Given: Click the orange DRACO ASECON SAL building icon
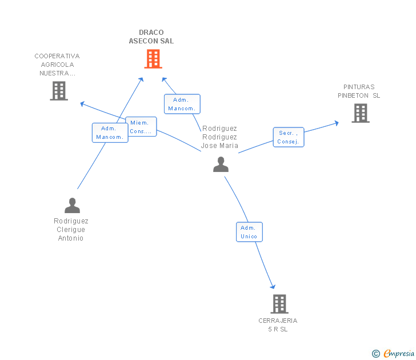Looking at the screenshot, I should coord(153,59).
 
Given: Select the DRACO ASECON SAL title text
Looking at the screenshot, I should coord(151,37).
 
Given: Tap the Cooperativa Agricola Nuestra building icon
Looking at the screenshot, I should coord(59,91).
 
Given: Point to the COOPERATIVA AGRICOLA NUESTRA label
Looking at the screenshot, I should coord(57,65).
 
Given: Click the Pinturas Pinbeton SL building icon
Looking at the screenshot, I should coord(360,113).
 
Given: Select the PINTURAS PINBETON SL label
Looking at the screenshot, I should coord(359,91).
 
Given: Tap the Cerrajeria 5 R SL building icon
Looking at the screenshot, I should coord(279,304).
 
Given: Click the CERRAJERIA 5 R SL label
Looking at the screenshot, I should coord(278,325).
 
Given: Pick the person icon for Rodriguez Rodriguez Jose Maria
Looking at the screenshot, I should coord(221,165).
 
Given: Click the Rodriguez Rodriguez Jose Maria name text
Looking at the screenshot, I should coord(219,137).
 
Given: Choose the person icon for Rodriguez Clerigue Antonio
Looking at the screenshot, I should coord(72,205).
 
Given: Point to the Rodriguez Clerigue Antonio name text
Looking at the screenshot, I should coord(71,230).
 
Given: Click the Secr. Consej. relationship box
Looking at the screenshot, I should coord(289,137).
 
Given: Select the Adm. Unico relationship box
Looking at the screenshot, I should coord(249,232).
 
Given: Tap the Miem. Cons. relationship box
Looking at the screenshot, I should coord(141,127).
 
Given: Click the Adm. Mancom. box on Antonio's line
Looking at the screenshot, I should coord(110,133).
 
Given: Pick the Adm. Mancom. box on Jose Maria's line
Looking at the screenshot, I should coord(182,104).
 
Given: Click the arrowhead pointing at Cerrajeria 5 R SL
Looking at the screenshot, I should coord(273,286).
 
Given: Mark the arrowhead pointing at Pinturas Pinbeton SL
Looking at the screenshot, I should coord(337,122).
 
